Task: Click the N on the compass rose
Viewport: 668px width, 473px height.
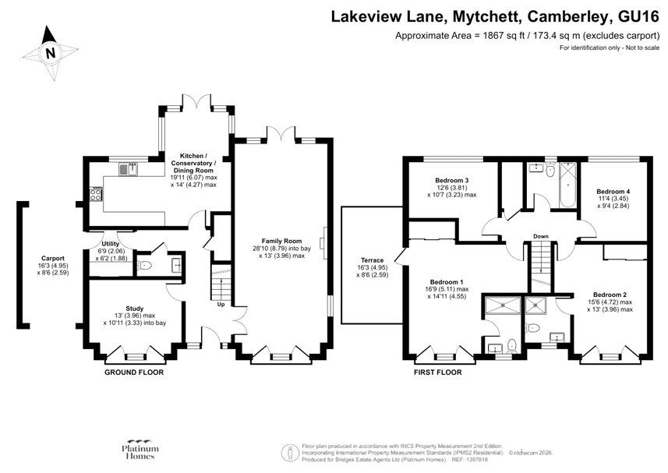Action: tap(51, 54)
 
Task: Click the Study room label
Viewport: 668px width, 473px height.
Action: tap(135, 308)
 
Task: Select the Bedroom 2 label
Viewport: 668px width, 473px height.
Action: tap(610, 295)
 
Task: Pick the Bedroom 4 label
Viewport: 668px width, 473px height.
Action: tap(613, 192)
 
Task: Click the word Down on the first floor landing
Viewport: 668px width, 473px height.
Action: tap(541, 236)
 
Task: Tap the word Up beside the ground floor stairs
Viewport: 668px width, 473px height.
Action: tap(221, 305)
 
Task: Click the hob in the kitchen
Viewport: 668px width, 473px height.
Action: tap(97, 194)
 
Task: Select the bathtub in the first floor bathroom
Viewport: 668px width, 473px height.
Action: tap(567, 187)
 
